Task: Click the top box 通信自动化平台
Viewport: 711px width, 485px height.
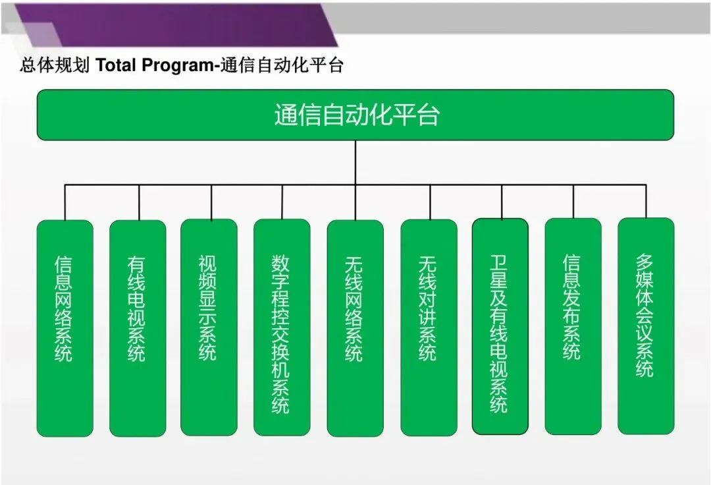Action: click(x=355, y=115)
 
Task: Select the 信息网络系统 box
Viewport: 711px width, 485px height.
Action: click(x=65, y=328)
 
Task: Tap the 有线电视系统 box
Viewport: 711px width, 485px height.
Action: click(x=138, y=328)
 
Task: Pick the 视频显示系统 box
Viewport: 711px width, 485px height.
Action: click(x=209, y=327)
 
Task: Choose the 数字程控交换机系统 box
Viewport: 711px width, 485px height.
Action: click(x=282, y=328)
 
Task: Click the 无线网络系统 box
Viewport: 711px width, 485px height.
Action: click(x=355, y=328)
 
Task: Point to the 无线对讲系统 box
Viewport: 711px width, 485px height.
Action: click(x=429, y=328)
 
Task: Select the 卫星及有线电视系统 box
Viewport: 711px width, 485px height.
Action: click(x=500, y=327)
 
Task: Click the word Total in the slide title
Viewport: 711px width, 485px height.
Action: click(x=116, y=66)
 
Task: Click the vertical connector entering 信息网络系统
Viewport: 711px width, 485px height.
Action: click(x=65, y=202)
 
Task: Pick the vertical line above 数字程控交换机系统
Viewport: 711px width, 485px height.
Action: click(x=282, y=202)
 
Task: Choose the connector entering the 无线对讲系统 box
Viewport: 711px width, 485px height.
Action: click(x=430, y=202)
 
